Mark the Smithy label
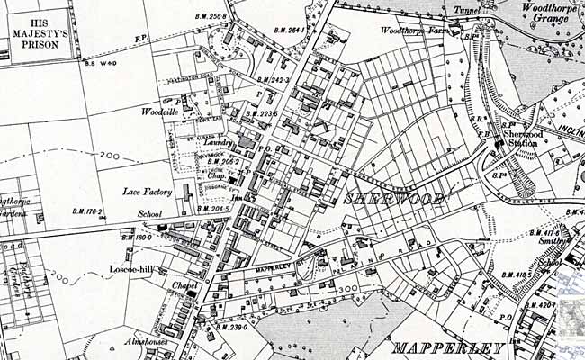[552, 241]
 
